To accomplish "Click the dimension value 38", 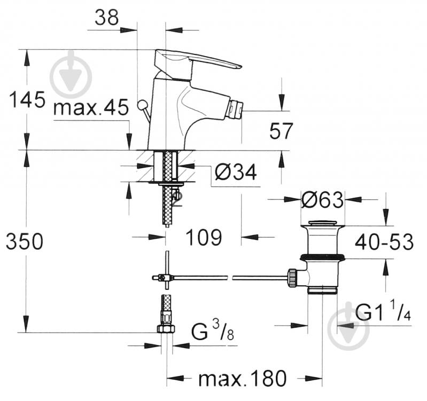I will (x=106, y=18).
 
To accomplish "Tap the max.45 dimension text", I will (x=91, y=108).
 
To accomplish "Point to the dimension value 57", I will (x=281, y=131).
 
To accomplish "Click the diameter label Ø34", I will (x=236, y=172).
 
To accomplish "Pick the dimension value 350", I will (x=24, y=242).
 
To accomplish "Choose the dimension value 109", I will (x=204, y=237).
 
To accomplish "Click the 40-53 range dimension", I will (x=384, y=242).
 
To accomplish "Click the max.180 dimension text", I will (x=243, y=379).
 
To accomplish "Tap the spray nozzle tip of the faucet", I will (x=234, y=111).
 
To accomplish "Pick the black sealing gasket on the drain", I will (x=322, y=257).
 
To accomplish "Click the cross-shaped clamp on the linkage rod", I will (x=166, y=277).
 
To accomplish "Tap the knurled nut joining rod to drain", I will (x=292, y=278).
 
